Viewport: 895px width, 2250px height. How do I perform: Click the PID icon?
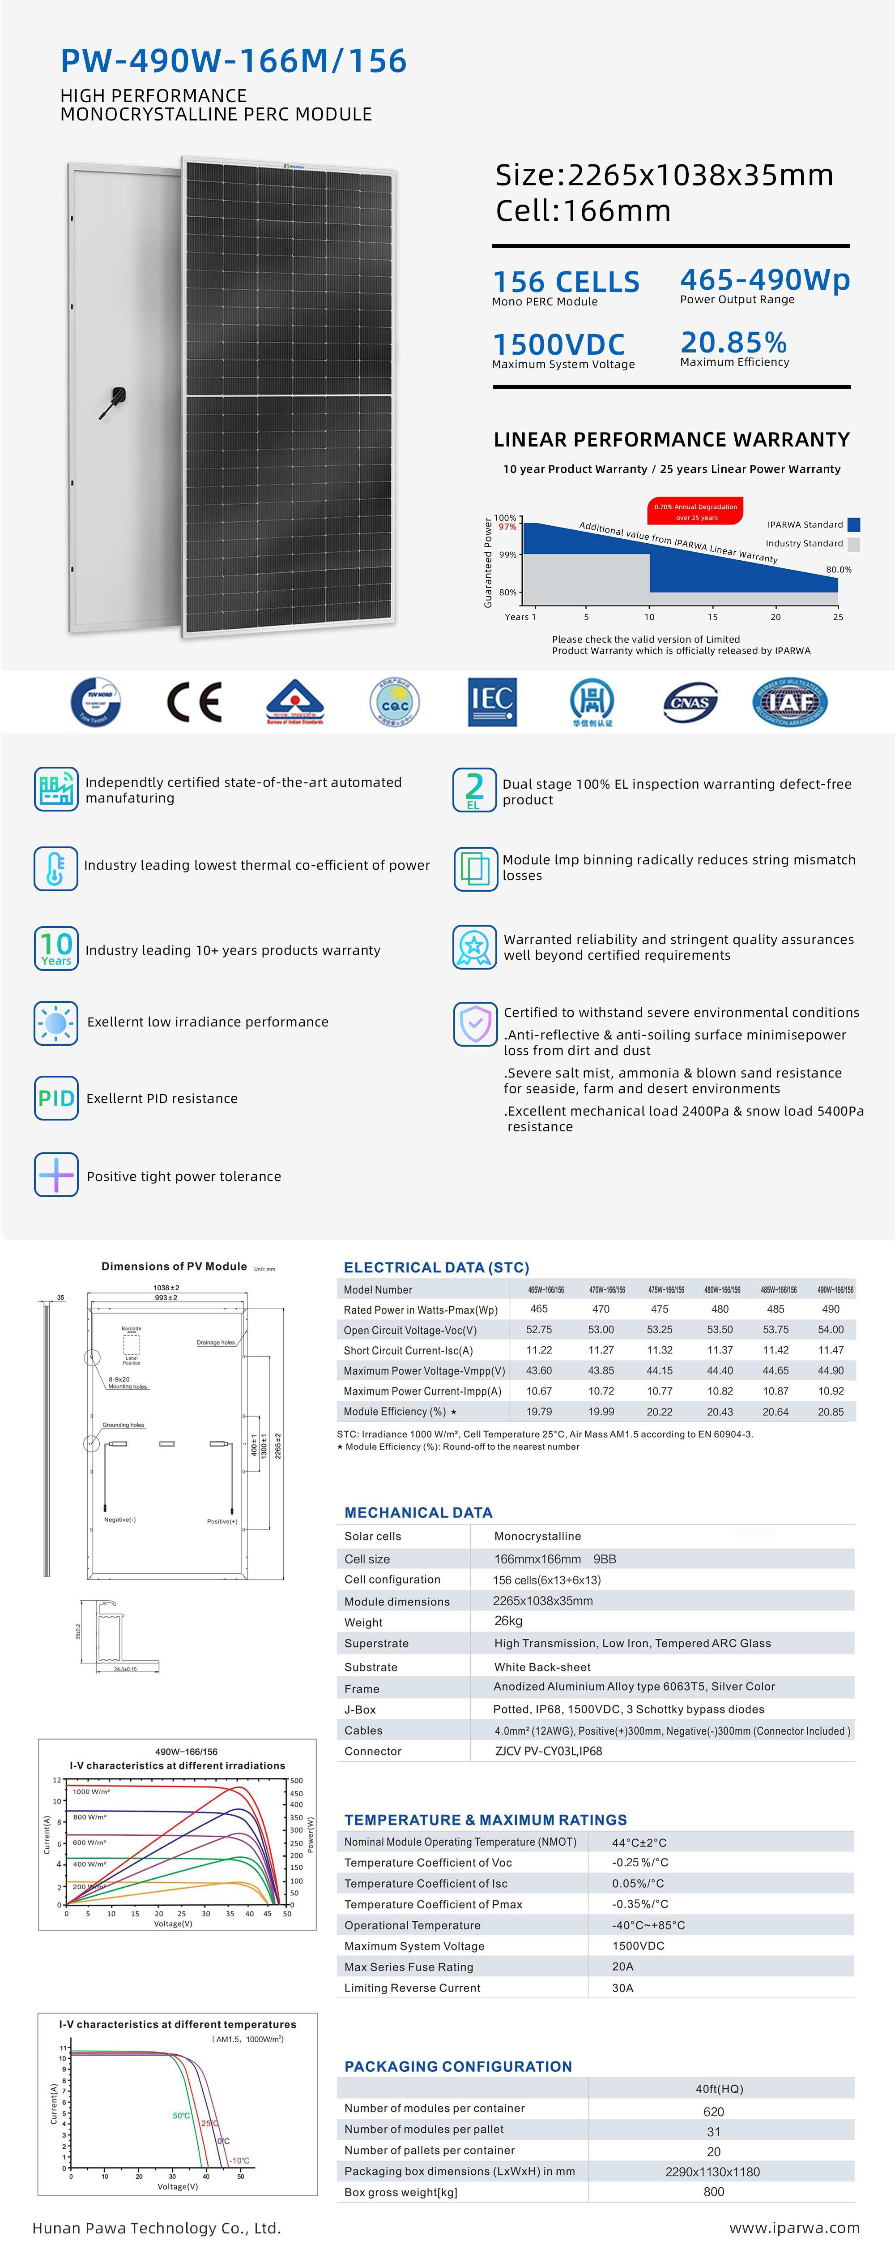tap(56, 1098)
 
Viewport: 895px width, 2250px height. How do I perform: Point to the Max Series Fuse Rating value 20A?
tap(622, 1966)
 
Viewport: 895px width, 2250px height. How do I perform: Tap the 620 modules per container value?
tap(713, 2111)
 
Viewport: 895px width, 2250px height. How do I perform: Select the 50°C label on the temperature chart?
tap(181, 2116)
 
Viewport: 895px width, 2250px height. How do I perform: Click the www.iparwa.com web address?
tap(794, 2227)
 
